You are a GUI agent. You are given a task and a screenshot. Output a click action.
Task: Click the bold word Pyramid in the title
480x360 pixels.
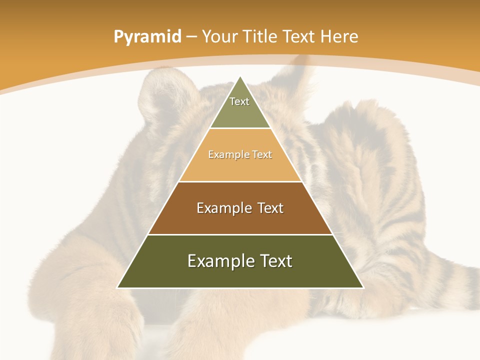(x=147, y=37)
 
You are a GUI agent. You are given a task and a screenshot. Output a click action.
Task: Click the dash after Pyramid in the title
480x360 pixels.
(x=191, y=37)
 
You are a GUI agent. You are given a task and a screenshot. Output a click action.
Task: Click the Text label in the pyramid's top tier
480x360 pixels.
(x=239, y=101)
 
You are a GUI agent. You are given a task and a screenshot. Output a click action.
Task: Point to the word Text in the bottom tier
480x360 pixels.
(x=273, y=261)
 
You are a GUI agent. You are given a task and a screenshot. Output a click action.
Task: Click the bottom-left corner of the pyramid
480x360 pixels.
(x=117, y=287)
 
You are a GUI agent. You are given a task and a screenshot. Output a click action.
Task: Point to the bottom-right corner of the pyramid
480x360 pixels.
(x=363, y=287)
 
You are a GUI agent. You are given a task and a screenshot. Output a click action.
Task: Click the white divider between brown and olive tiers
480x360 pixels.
(x=240, y=234)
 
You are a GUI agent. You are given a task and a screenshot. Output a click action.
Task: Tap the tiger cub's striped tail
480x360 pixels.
(x=450, y=285)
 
